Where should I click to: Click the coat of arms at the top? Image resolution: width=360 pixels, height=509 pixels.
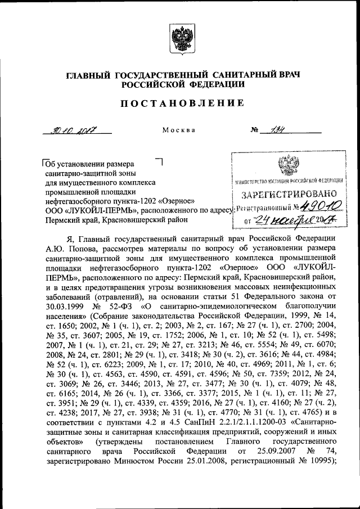[x=179, y=44]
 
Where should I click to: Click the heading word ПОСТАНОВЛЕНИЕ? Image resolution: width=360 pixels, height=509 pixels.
[x=180, y=103]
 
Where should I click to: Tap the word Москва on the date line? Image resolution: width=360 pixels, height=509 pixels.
[x=179, y=130]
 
